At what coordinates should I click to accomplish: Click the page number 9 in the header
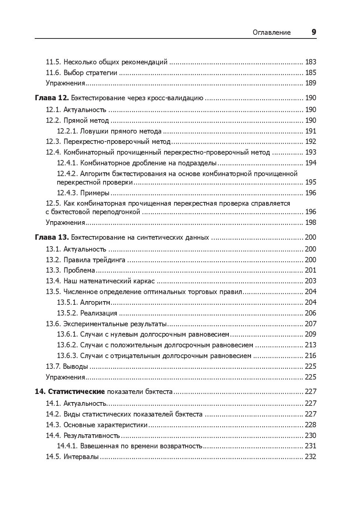(314, 32)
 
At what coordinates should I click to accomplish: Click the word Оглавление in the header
(272, 33)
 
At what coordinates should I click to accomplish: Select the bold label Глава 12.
(52, 98)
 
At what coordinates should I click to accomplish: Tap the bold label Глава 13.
(52, 237)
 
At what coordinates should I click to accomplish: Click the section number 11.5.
(53, 62)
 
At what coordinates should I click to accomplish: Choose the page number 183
(310, 62)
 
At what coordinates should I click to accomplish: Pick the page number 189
(310, 83)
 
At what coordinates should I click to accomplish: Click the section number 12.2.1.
(67, 131)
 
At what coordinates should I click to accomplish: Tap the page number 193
(310, 152)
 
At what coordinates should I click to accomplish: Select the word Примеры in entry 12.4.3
(95, 193)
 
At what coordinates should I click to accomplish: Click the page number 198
(310, 223)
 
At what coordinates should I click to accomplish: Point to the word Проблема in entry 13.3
(79, 270)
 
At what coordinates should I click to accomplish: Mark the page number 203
(310, 281)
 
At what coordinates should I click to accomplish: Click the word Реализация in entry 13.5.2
(99, 313)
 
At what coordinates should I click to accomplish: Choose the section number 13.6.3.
(67, 356)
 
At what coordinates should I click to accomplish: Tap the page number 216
(310, 356)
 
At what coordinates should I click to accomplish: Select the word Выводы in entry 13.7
(75, 367)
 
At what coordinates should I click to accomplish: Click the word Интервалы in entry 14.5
(81, 457)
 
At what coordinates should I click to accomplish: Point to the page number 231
(310, 446)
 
